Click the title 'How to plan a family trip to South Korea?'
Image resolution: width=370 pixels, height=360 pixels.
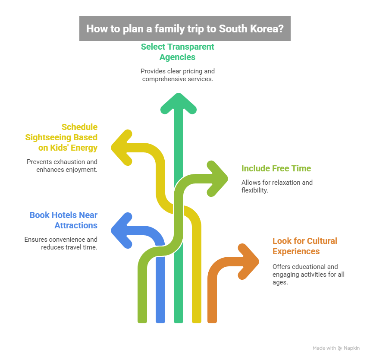tap(185, 28)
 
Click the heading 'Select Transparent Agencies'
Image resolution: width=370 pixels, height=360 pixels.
tap(177, 52)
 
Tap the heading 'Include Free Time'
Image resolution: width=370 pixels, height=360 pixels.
tap(276, 168)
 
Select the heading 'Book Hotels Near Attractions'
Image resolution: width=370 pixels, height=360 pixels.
tap(63, 220)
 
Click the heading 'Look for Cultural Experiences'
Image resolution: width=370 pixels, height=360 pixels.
tap(305, 246)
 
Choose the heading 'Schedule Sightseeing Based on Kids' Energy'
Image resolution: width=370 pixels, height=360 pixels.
tap(61, 137)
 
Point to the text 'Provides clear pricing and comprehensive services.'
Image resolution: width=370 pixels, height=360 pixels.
tap(177, 75)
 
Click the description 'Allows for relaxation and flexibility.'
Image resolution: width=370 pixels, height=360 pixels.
tap(277, 186)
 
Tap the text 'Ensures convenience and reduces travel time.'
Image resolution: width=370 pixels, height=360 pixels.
tap(61, 243)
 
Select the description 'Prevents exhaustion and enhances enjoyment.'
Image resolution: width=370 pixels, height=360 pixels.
tap(62, 166)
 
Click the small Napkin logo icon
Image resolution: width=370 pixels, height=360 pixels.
tap(340, 348)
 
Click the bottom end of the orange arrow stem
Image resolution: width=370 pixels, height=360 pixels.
tap(212, 320)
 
